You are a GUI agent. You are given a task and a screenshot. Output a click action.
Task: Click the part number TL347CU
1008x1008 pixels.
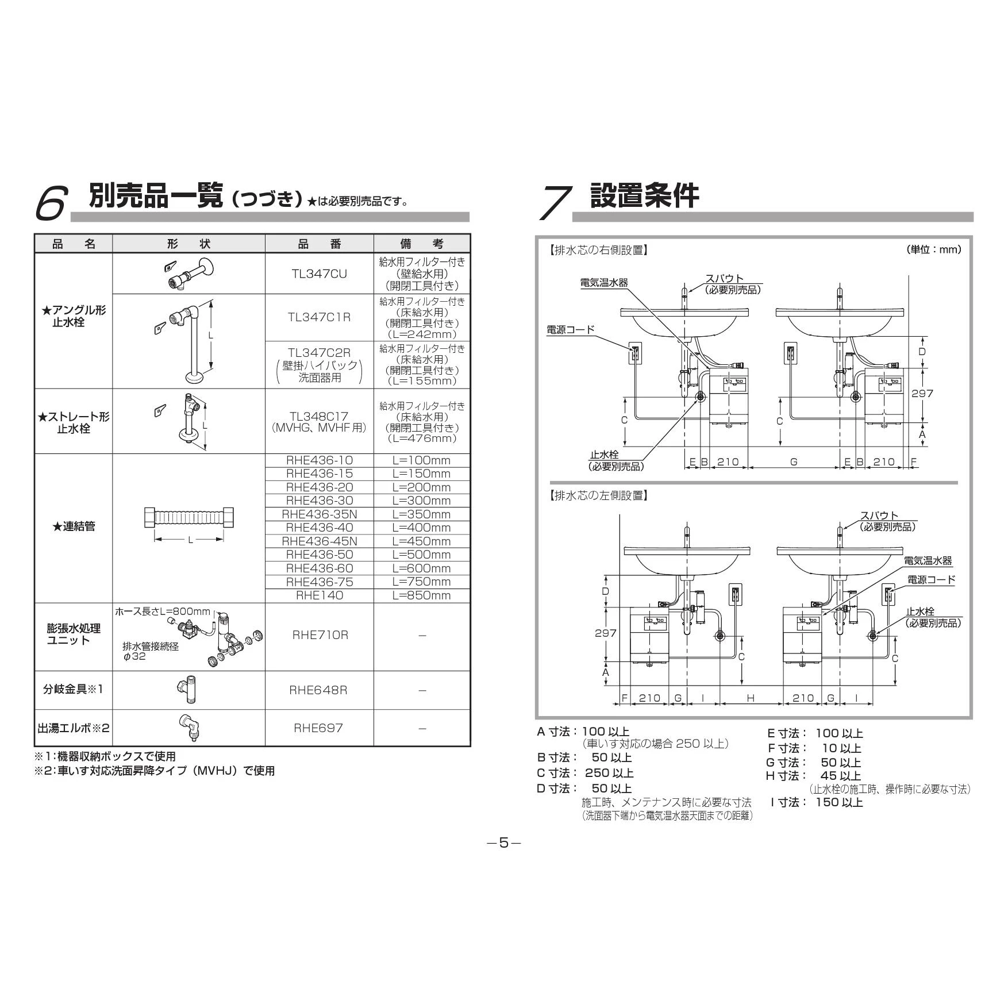click(x=319, y=274)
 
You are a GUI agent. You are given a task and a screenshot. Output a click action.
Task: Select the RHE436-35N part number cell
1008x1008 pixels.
click(x=319, y=514)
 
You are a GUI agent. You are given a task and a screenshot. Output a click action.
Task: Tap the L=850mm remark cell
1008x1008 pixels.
click(x=421, y=595)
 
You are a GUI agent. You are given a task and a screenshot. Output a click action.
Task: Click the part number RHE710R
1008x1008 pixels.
click(x=320, y=635)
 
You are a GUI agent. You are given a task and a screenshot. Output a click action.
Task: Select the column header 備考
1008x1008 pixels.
click(x=421, y=244)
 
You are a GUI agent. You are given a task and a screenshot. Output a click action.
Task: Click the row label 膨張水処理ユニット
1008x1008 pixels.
click(x=74, y=635)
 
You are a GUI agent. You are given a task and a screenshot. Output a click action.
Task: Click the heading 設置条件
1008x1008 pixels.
click(x=644, y=195)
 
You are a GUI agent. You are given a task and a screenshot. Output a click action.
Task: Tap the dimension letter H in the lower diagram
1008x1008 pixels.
click(x=751, y=698)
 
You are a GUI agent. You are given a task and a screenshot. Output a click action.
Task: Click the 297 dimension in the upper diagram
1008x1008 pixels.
click(x=922, y=394)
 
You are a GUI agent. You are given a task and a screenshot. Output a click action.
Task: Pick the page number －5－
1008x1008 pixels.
click(x=503, y=843)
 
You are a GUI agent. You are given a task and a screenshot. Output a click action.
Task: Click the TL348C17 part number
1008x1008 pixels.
click(x=319, y=416)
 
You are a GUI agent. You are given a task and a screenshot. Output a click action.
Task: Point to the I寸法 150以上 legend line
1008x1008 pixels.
click(x=815, y=802)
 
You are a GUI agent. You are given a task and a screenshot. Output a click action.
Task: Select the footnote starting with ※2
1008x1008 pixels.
click(x=155, y=771)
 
